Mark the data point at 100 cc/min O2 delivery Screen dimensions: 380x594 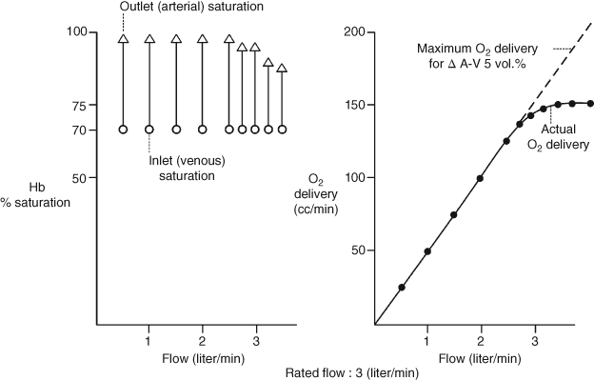tap(480, 178)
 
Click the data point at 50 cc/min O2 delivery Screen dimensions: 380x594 tap(427, 251)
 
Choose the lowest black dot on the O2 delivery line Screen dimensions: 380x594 tap(402, 287)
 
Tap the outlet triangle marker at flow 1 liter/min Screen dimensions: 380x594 tap(148, 39)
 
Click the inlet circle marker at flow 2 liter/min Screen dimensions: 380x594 tap(202, 129)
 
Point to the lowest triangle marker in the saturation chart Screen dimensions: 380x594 tap(281, 69)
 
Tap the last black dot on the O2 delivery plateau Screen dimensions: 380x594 tap(590, 104)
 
